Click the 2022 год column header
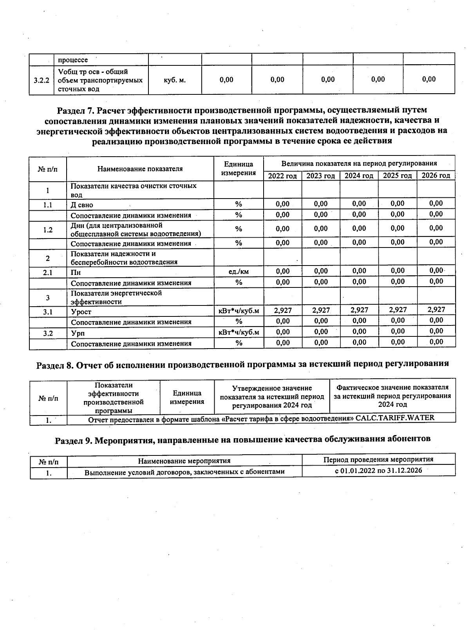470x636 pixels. tap(282, 176)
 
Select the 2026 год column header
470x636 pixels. tap(436, 175)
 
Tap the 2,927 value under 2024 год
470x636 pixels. tap(359, 310)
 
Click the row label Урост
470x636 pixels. tap(81, 312)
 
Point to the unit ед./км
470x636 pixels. tap(238, 271)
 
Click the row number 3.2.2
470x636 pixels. tap(42, 80)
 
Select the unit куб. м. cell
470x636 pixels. tap(174, 80)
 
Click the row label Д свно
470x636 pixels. tap(82, 205)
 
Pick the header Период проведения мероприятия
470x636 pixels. tap(378, 459)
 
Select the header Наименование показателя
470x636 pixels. tap(140, 169)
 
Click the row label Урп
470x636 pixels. tap(78, 333)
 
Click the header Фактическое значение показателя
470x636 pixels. tap(392, 387)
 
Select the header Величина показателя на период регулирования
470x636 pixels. tap(359, 163)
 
